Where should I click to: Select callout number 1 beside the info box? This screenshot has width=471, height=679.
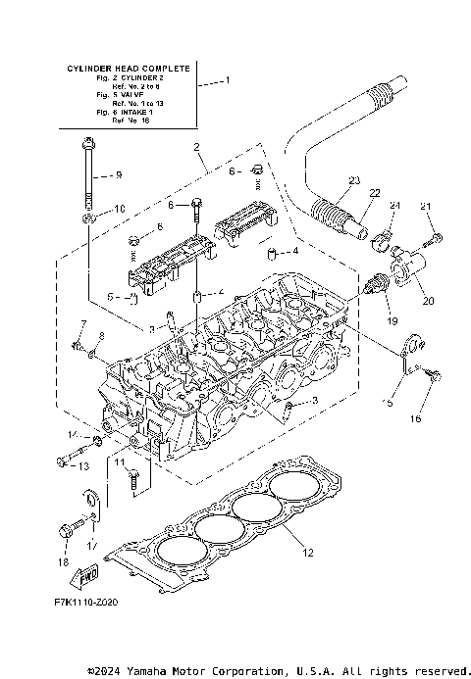pos(228,80)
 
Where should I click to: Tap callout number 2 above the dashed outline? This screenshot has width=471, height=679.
pos(197,147)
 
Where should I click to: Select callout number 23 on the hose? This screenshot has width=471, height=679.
pos(354,179)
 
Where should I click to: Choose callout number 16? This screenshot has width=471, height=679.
pos(414,417)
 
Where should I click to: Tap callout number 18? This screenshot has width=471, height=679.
pos(64,563)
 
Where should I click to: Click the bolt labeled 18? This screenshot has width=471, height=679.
pos(68,529)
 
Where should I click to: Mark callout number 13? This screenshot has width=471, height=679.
pos(83,466)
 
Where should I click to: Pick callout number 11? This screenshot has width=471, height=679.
pos(119,461)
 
